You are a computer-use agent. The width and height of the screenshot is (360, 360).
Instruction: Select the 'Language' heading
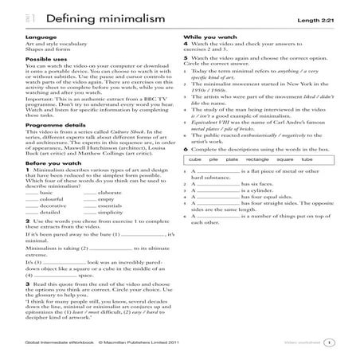39,37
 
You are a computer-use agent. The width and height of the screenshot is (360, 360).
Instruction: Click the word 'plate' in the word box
233,159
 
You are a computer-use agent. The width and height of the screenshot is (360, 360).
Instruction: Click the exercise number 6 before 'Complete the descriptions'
184,149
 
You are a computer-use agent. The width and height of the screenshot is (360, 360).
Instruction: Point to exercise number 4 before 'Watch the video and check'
184,48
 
